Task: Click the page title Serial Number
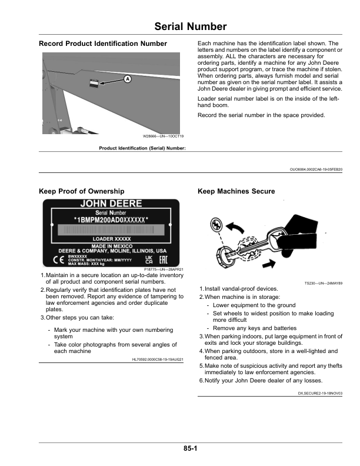(x=190, y=26)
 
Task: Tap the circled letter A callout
(x=127, y=78)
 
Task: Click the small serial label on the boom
(x=94, y=84)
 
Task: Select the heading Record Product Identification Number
(x=102, y=44)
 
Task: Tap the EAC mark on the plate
(x=163, y=259)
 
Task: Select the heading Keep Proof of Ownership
(x=81, y=191)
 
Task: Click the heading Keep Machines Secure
(x=236, y=191)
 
